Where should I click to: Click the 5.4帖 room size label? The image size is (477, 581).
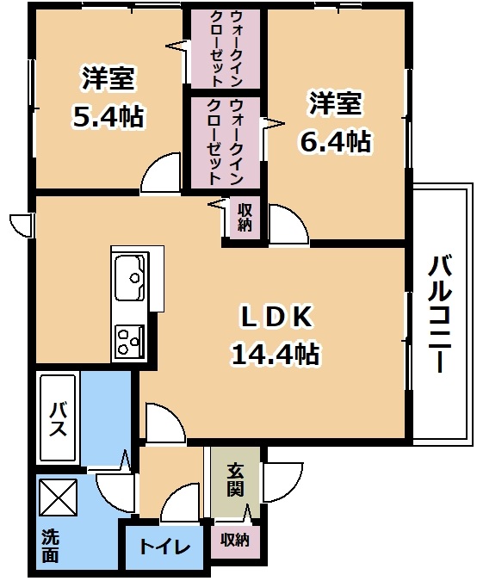coord(108,116)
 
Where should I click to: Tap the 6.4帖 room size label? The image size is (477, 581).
coord(336,141)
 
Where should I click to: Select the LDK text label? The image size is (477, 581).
coord(276,317)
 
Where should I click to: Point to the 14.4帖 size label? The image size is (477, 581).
coord(276,354)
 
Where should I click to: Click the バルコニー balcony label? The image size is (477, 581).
coord(440,314)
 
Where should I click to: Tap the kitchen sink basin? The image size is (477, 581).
coord(129,277)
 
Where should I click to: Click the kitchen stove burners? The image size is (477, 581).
coord(129,342)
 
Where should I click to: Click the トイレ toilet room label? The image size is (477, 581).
coord(165,547)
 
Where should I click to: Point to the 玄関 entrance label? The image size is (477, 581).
coord(235,479)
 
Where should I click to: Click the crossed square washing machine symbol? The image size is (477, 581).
coord(59,497)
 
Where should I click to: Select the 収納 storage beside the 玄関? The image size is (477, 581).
coord(235,541)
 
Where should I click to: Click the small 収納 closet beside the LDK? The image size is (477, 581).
coord(245,218)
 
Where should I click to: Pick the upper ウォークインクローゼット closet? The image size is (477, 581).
coord(226,48)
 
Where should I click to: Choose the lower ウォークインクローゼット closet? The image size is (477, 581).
coord(226,142)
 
